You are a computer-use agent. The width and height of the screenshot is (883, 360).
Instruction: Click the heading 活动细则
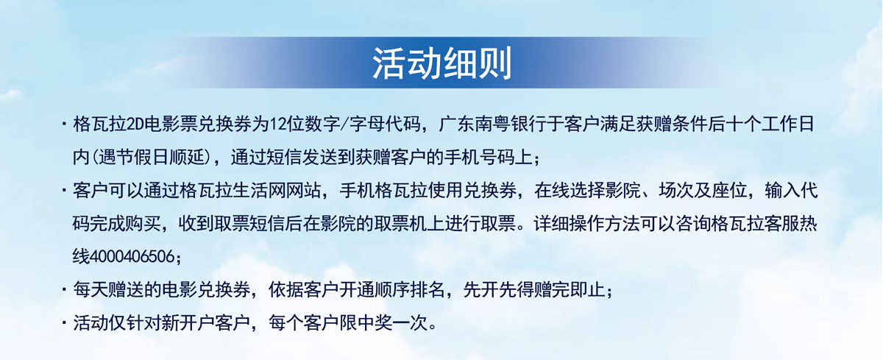click(442, 63)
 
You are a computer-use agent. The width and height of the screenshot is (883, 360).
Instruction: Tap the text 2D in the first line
click(135, 124)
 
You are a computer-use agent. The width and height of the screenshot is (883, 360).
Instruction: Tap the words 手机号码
click(479, 158)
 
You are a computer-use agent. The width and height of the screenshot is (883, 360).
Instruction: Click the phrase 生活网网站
click(277, 191)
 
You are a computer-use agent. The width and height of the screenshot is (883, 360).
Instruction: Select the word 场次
click(676, 191)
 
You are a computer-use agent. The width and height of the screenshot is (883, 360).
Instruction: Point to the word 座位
click(730, 191)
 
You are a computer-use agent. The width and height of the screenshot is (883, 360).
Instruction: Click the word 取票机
click(401, 224)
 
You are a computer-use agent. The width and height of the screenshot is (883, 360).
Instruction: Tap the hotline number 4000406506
click(132, 257)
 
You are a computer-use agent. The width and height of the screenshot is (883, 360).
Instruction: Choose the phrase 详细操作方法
click(586, 224)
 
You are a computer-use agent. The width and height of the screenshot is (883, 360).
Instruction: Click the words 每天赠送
click(108, 291)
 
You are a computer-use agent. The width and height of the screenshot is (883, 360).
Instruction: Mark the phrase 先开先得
click(498, 291)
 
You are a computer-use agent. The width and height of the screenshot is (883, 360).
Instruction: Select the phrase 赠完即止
click(569, 291)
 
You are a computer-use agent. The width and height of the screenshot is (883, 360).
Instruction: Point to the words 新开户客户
click(206, 324)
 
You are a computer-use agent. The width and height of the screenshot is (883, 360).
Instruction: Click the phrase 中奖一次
click(391, 324)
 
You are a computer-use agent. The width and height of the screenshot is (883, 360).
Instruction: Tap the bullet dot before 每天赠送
click(64, 291)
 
